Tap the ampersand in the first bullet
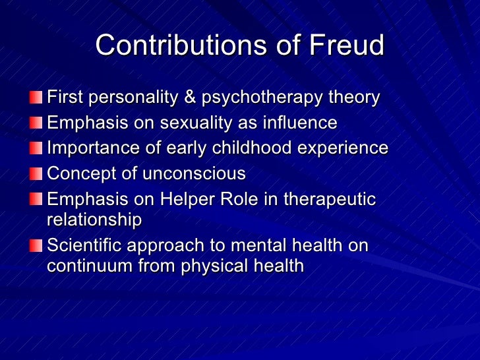tap(190, 98)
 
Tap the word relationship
tap(94, 220)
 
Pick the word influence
tap(299, 123)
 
